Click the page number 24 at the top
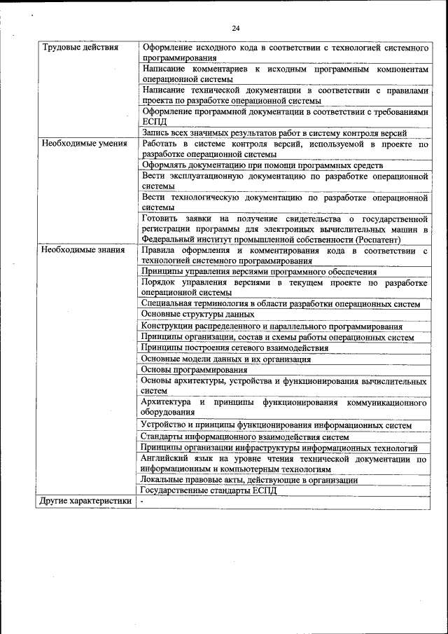(x=235, y=27)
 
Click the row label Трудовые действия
(x=80, y=47)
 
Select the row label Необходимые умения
(x=84, y=144)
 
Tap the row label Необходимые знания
(x=83, y=249)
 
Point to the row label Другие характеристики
(x=85, y=502)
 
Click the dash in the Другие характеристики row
(x=141, y=502)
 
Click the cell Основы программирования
(x=194, y=369)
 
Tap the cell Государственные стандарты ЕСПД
(x=209, y=490)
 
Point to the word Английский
(x=162, y=459)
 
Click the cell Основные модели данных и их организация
(x=225, y=359)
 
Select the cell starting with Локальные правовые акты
(x=248, y=480)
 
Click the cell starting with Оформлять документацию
(x=262, y=165)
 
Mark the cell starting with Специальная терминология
(x=280, y=304)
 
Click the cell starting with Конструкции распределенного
(x=271, y=326)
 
